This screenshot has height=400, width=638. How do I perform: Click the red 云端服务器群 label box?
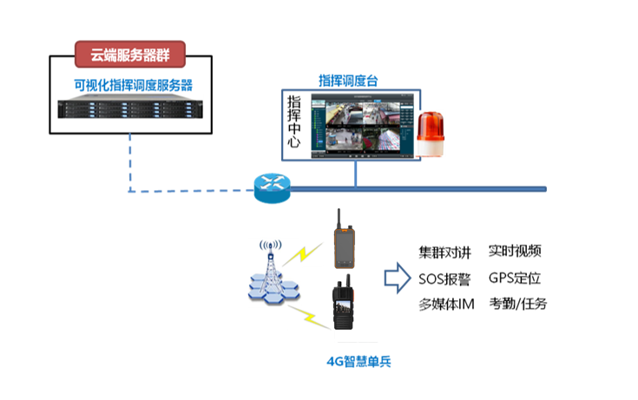pos(130,55)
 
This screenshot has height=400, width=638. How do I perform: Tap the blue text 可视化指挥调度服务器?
pos(133,85)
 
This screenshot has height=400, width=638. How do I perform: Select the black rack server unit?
pos(130,109)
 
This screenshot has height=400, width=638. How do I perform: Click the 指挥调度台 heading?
pos(348,80)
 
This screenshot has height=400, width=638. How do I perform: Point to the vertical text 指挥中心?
pos(296,121)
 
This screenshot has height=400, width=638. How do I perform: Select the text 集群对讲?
pos(445,252)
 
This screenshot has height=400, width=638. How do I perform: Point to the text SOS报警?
pos(445,279)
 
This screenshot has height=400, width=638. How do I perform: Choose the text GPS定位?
pos(515,279)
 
